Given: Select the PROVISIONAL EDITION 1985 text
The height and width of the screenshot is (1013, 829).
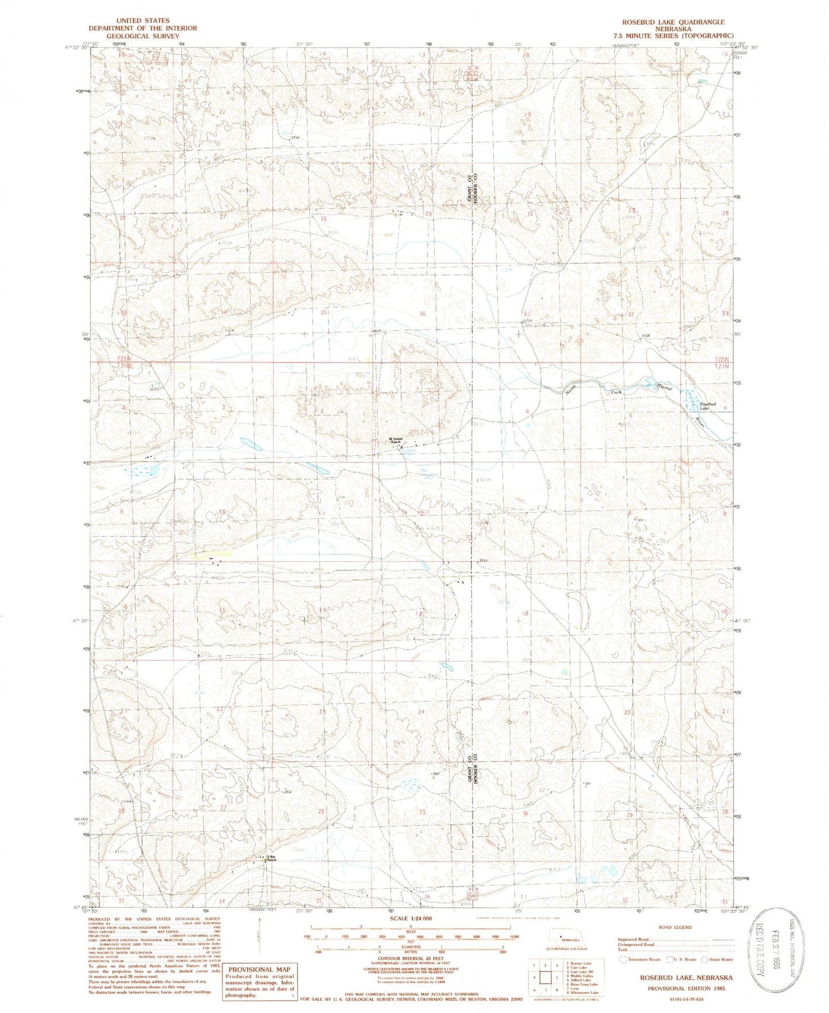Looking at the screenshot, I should click(682, 988).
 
